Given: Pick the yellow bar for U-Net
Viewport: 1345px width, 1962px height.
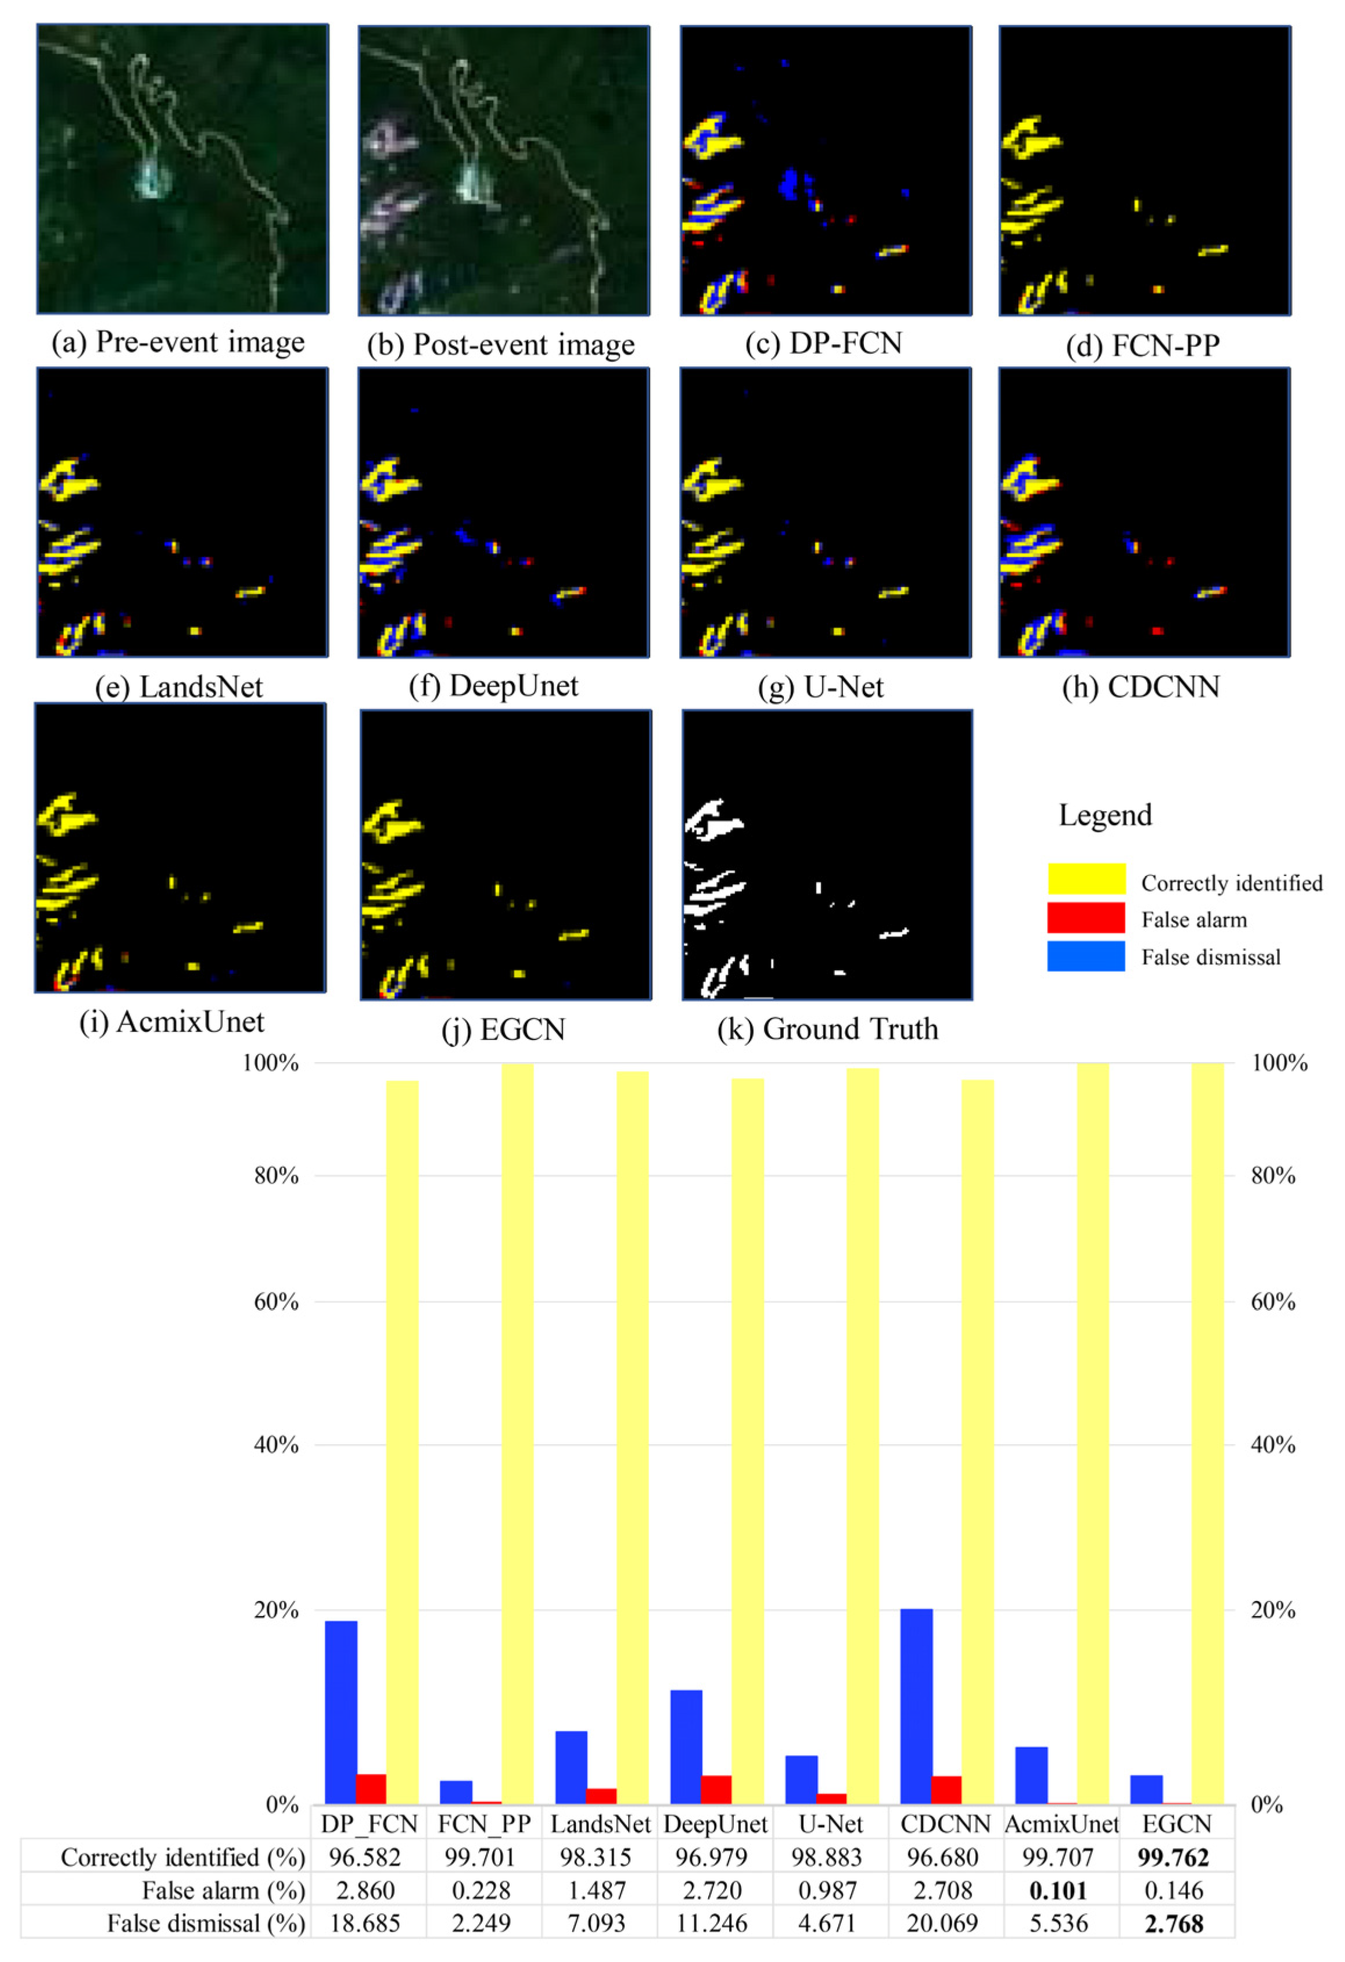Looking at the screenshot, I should (862, 1435).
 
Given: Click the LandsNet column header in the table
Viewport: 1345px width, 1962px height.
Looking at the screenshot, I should (600, 1824).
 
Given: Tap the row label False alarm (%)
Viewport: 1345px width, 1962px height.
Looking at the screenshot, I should (223, 1890).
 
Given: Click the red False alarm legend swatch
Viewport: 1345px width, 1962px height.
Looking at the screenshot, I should (1085, 919).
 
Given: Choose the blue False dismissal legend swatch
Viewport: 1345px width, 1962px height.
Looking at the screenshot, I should (1085, 956).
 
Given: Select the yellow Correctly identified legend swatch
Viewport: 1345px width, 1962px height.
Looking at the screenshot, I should (1085, 879).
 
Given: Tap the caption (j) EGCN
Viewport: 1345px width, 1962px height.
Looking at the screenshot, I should (503, 1030).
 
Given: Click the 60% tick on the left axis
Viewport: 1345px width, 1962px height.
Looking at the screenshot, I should (276, 1302).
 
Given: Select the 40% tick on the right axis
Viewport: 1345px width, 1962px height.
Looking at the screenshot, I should (1272, 1445).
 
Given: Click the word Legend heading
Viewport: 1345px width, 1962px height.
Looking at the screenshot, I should (1104, 816).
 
